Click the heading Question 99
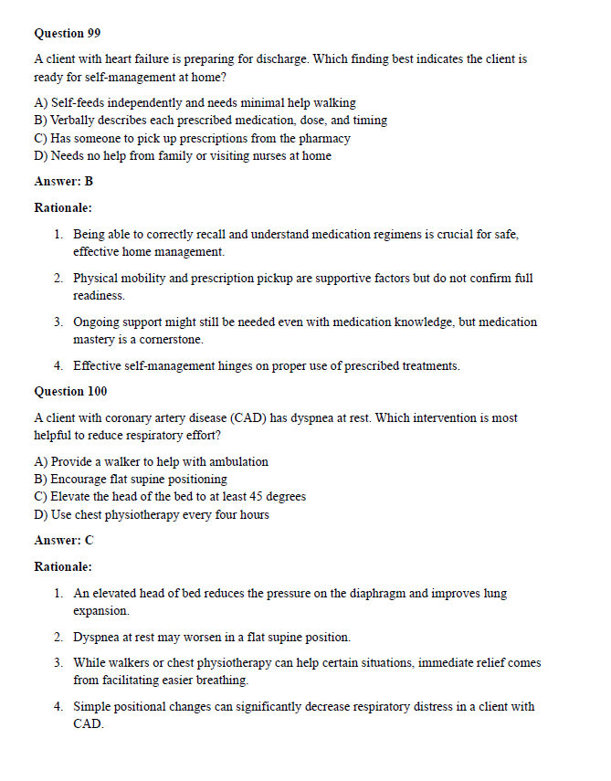(x=67, y=33)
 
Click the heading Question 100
(x=70, y=392)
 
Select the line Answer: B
(x=63, y=181)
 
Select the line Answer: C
(x=63, y=540)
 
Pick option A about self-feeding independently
(x=195, y=103)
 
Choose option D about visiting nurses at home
(x=183, y=156)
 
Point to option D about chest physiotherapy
(x=152, y=514)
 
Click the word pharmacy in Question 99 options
(x=325, y=139)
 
